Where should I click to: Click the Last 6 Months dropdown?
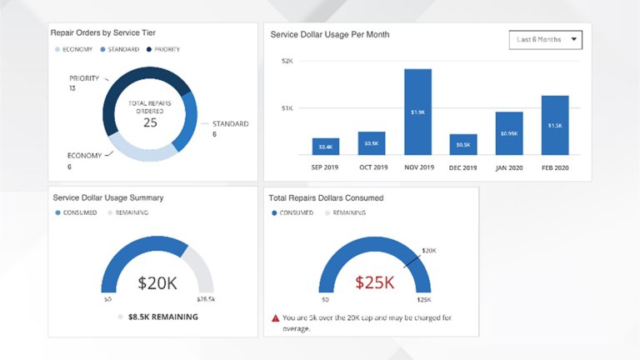click(545, 39)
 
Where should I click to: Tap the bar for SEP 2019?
click(326, 146)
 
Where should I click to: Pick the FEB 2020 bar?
click(554, 125)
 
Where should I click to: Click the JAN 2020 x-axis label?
click(509, 167)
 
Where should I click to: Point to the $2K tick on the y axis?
click(287, 61)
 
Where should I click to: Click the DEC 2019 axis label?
click(463, 167)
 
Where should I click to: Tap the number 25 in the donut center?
click(150, 122)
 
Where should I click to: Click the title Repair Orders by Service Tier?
click(109, 32)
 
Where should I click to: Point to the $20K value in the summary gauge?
click(157, 283)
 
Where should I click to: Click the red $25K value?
click(374, 282)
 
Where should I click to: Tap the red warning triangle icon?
click(275, 317)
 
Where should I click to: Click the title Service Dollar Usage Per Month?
click(329, 35)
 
